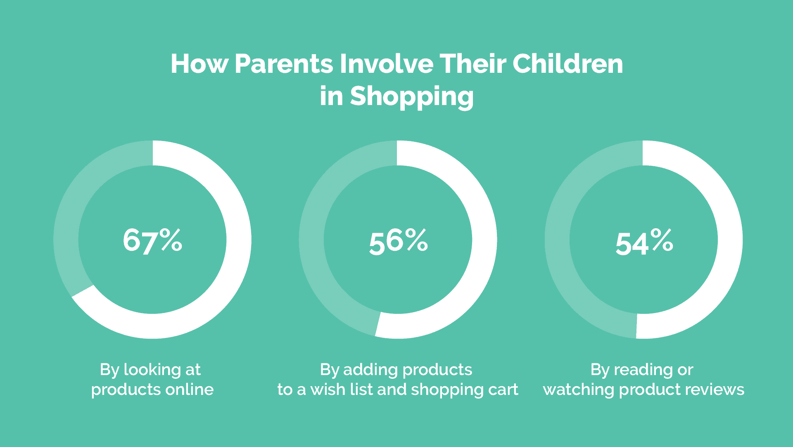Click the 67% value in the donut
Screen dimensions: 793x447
pyautogui.click(x=152, y=240)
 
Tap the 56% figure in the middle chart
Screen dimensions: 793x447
pyautogui.click(x=399, y=241)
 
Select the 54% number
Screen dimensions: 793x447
pyautogui.click(x=644, y=242)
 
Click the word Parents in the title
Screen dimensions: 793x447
pyautogui.click(x=284, y=64)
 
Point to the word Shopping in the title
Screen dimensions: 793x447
pyautogui.click(x=412, y=96)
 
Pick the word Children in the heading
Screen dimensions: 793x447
pyautogui.click(x=568, y=64)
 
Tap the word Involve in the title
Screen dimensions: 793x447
pyautogui.click(x=387, y=64)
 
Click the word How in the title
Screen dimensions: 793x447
pyautogui.click(x=199, y=64)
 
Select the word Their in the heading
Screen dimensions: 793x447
pyautogui.click(x=473, y=64)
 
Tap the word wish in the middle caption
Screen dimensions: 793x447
pyautogui.click(x=328, y=390)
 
